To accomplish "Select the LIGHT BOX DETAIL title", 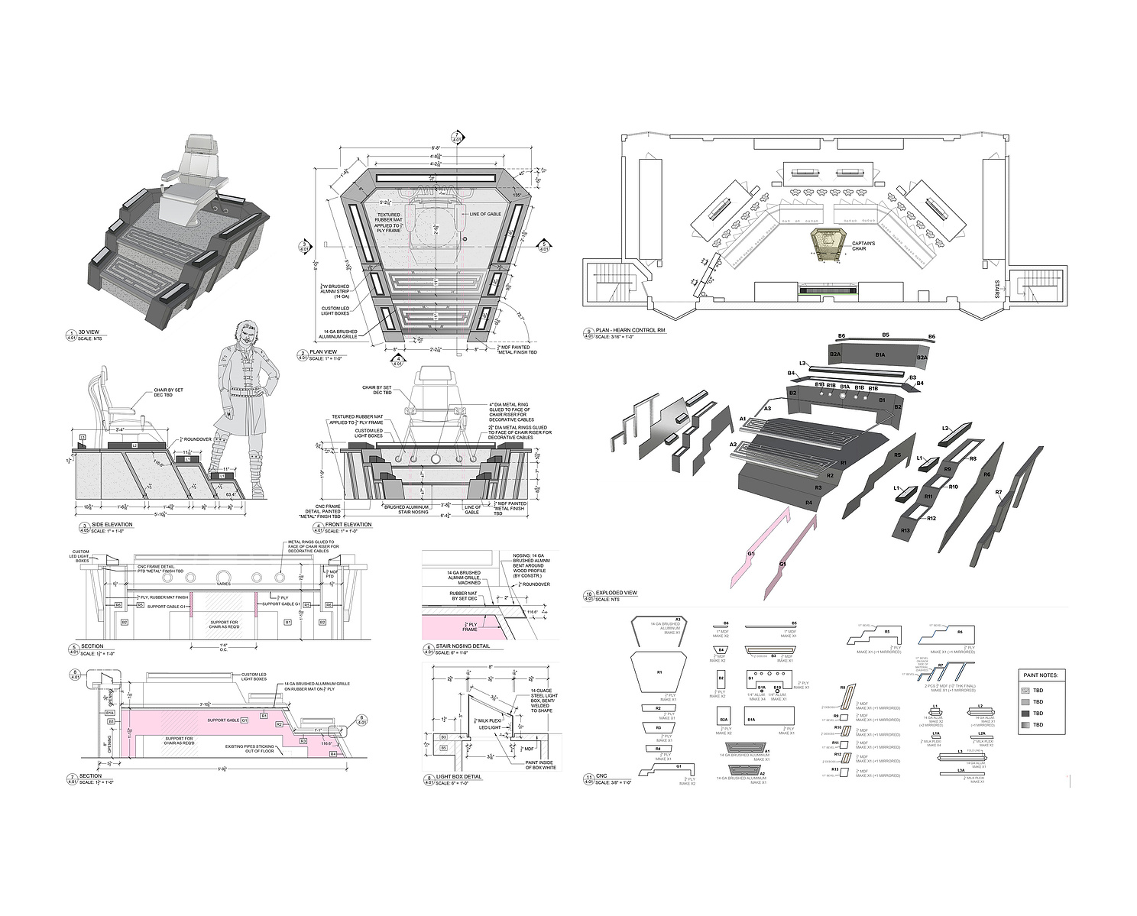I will (x=458, y=777).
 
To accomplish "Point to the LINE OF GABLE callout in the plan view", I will (x=484, y=214).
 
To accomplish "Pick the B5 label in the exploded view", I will (x=886, y=335).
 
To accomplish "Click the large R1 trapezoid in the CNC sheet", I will (x=658, y=672).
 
